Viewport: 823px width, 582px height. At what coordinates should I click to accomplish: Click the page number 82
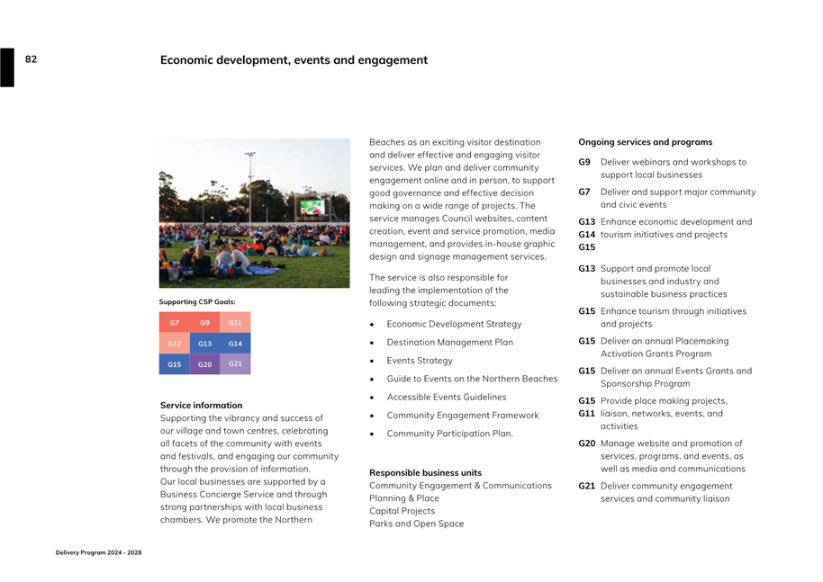[31, 59]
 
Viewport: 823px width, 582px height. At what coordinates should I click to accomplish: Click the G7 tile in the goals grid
[175, 322]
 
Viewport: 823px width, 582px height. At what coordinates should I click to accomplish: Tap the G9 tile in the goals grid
[205, 322]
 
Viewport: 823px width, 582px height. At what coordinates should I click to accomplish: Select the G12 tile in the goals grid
[175, 343]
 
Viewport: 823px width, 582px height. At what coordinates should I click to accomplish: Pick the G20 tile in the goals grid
[205, 364]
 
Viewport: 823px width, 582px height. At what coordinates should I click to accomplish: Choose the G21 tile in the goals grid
[235, 363]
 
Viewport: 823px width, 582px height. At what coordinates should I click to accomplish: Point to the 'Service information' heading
[201, 405]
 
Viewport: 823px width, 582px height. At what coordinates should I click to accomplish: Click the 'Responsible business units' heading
[425, 472]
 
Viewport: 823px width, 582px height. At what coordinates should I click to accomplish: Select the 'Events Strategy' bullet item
[420, 360]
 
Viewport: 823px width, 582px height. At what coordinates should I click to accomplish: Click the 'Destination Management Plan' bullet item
[449, 342]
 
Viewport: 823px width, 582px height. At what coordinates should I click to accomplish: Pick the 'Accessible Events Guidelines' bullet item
[446, 397]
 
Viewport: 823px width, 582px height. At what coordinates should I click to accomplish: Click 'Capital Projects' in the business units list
[402, 510]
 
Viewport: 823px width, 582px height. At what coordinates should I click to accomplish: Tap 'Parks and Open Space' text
[416, 524]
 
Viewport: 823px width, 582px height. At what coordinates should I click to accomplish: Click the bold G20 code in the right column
[587, 443]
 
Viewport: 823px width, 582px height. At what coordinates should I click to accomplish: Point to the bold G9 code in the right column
[584, 162]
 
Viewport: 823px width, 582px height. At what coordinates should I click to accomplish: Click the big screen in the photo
[312, 207]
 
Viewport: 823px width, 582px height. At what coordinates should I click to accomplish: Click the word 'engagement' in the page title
[388, 60]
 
